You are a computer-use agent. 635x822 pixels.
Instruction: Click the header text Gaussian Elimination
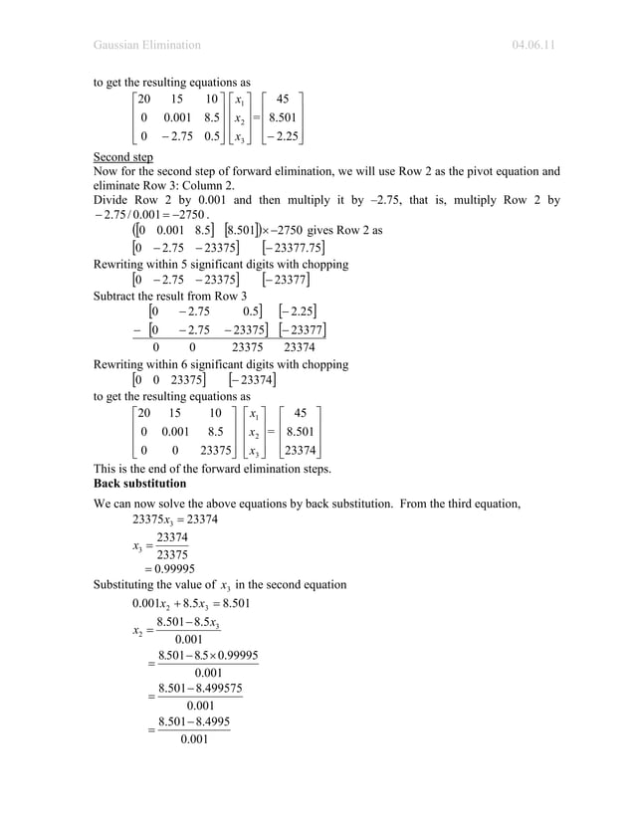pos(146,45)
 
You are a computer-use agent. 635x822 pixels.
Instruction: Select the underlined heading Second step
pos(122,157)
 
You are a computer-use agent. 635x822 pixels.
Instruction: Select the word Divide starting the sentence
pos(113,199)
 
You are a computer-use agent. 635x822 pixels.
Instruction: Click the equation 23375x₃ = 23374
pos(175,519)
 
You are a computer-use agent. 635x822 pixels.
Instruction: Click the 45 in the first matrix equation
pos(282,99)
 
